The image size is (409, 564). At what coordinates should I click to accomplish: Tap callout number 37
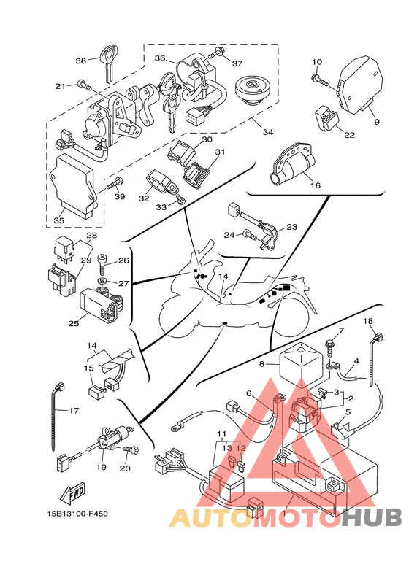237,63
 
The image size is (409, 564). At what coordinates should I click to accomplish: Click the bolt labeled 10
321,80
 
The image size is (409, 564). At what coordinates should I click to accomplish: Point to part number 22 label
349,135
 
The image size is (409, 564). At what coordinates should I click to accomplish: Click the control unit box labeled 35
73,186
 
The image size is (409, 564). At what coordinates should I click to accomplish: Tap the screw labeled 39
115,182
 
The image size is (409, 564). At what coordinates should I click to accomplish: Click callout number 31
220,152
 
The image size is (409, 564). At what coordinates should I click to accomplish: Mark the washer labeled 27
102,281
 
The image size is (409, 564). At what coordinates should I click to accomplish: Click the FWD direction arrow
72,492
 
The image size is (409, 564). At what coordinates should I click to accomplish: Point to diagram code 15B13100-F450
77,514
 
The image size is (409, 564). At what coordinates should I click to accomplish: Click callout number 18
368,321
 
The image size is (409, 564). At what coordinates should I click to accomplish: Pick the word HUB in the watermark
371,517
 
